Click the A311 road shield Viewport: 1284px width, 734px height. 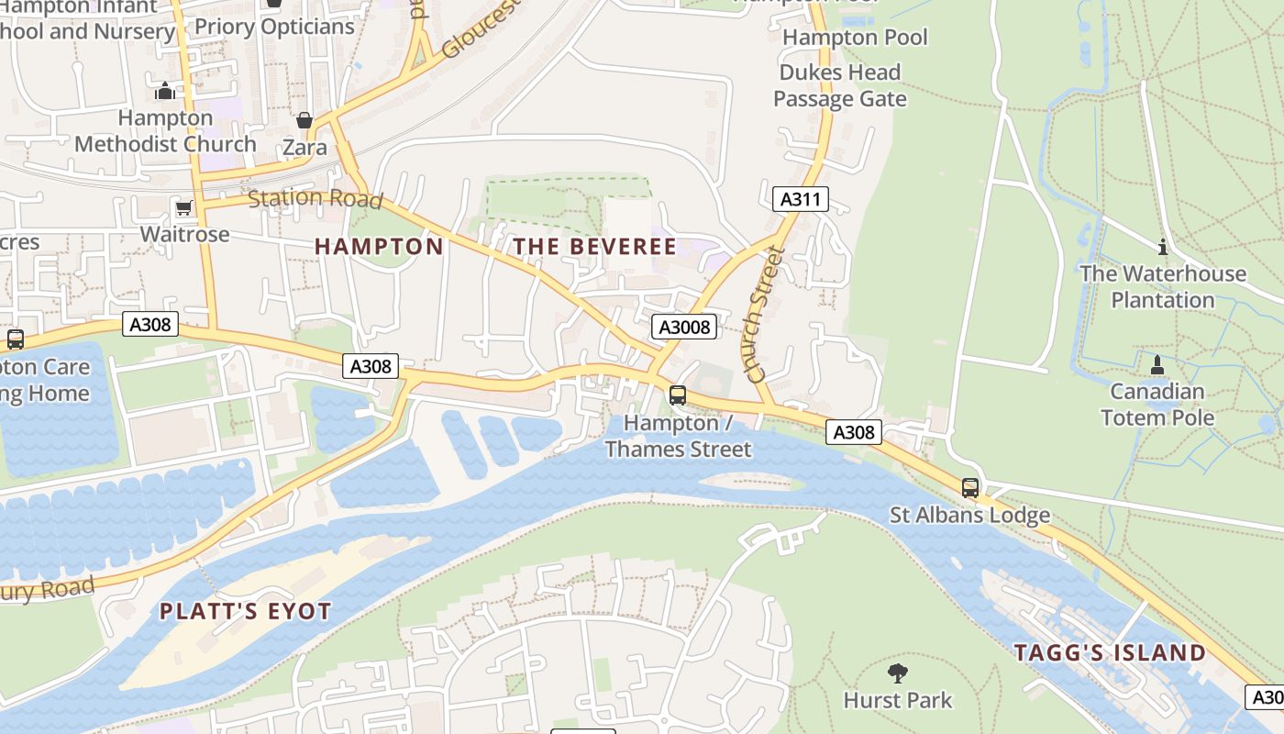800,199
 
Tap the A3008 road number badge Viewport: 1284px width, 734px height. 684,327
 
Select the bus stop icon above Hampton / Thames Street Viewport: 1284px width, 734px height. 678,395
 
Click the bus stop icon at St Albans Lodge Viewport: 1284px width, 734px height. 970,488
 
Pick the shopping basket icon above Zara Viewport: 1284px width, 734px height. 304,120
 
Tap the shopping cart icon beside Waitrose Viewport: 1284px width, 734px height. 183,208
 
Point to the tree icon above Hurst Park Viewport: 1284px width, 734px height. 898,673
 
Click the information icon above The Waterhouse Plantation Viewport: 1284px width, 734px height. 1163,247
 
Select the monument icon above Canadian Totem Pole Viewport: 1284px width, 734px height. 1157,365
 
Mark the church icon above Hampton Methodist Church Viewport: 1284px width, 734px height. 165,91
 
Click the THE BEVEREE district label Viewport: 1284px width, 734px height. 594,247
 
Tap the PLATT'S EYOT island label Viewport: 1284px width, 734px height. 245,612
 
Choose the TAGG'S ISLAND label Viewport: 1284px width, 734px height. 1110,653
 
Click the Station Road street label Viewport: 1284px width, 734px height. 315,198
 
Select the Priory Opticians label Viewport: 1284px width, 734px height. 274,27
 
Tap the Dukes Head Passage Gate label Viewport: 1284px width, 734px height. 839,85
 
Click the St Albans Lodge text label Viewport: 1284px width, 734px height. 969,515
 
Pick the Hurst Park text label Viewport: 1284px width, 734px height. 898,700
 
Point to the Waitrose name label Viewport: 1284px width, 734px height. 184,234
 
